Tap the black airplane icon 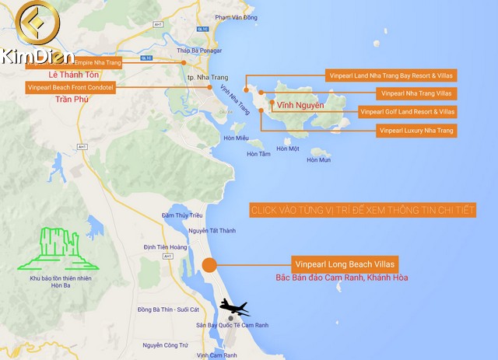[x=233, y=308]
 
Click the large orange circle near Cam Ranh [x=209, y=265]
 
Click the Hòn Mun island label [x=318, y=160]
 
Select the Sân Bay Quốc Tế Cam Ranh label [x=232, y=324]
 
